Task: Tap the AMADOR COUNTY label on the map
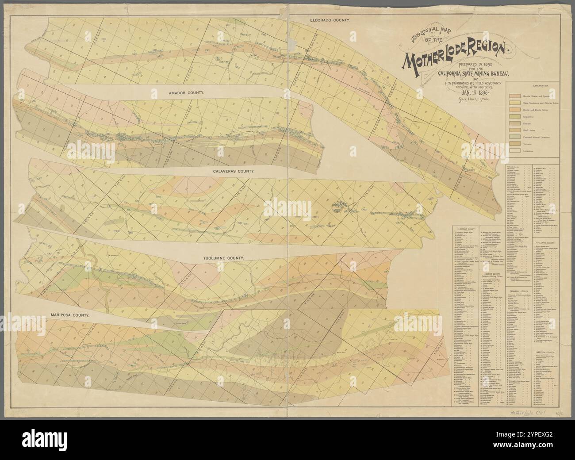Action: coord(185,93)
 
